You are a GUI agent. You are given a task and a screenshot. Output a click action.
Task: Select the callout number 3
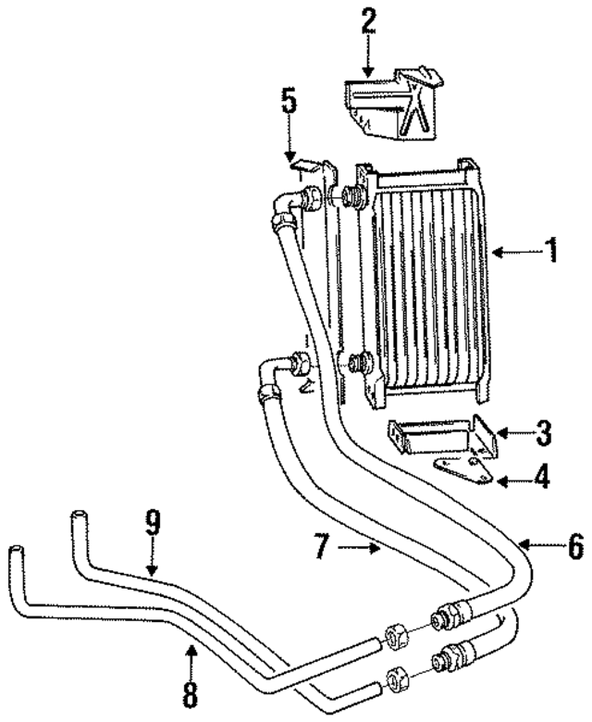[x=543, y=432]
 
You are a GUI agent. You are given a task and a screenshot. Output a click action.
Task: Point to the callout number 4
[x=542, y=479]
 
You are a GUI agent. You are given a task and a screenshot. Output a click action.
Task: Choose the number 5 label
[x=290, y=100]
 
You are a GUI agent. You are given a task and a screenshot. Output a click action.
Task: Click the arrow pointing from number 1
[x=514, y=251]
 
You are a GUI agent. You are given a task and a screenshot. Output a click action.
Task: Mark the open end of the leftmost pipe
[x=16, y=554]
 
